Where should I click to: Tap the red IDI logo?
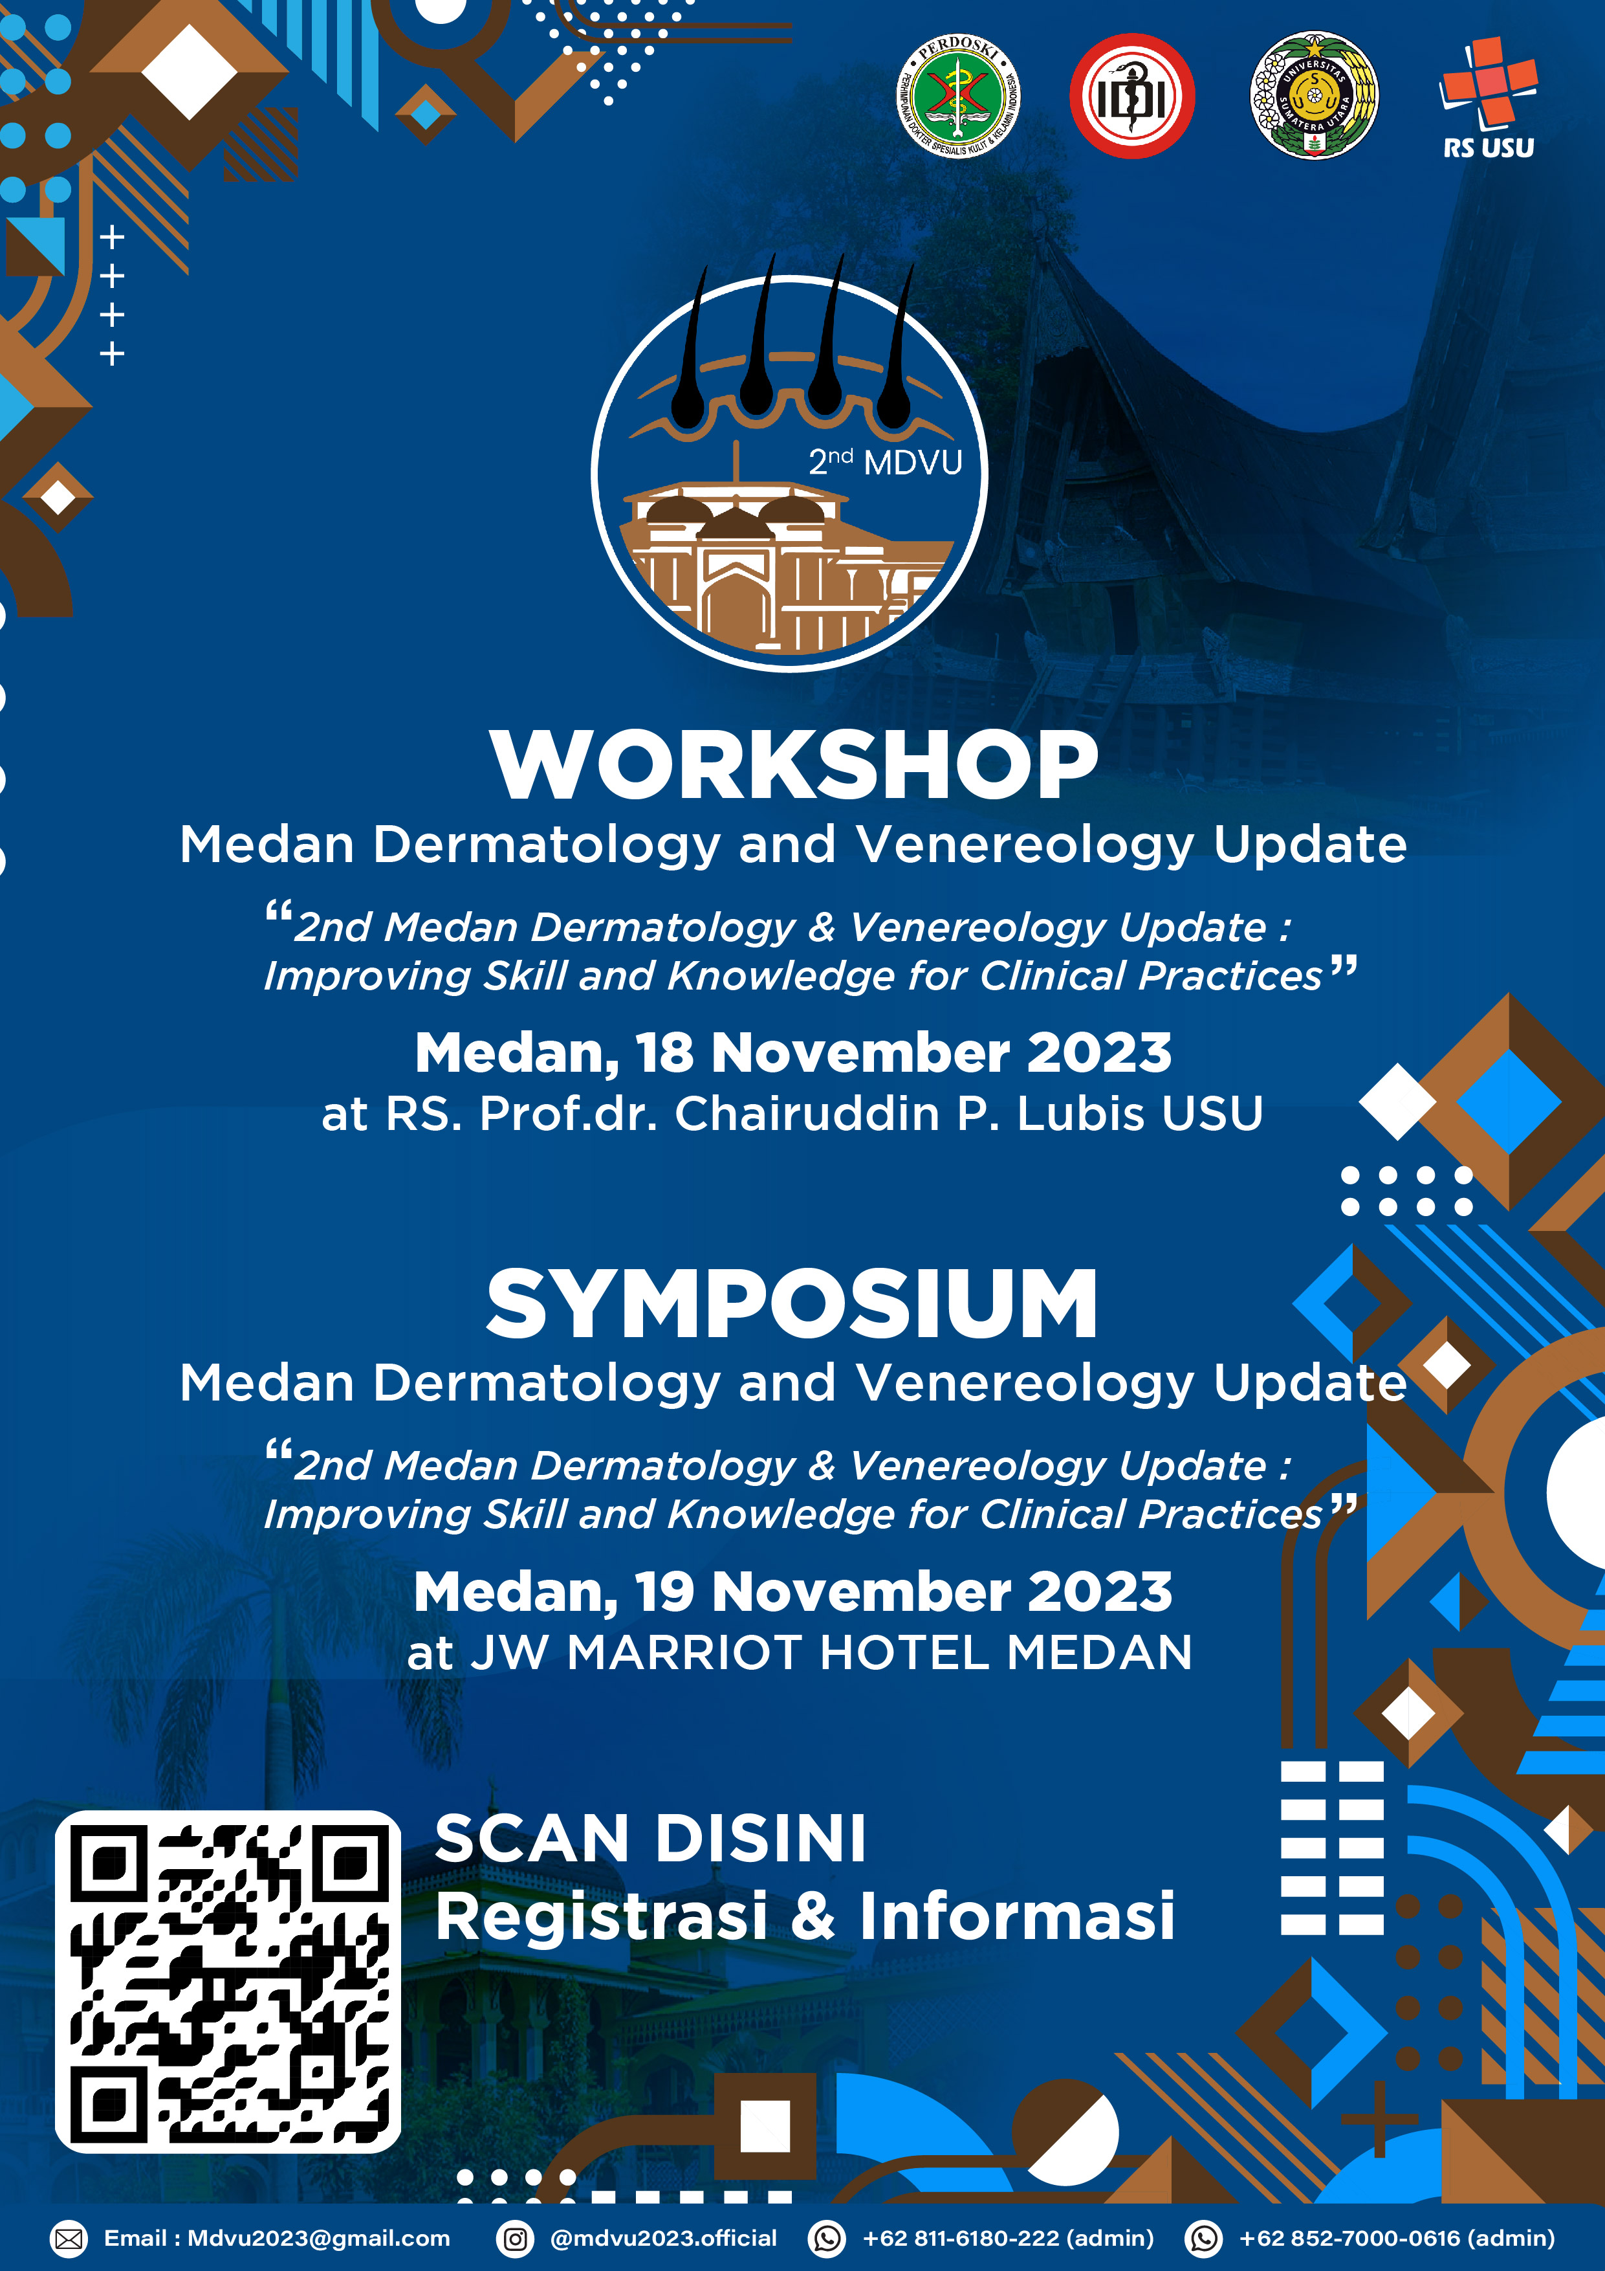point(1132,96)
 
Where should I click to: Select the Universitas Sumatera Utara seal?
point(1315,96)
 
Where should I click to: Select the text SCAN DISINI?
point(651,1839)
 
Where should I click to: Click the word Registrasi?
point(601,1916)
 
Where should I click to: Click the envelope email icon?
point(68,2239)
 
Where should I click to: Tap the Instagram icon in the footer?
point(515,2239)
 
